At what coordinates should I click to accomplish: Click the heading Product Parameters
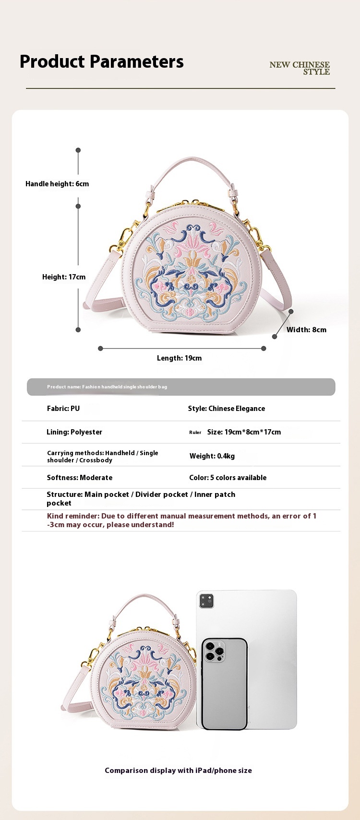(101, 61)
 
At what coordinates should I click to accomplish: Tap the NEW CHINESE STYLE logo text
(300, 68)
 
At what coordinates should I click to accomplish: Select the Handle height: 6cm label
(57, 184)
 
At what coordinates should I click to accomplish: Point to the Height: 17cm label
(64, 277)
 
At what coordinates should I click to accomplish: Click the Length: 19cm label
(179, 358)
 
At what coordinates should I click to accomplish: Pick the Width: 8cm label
(306, 330)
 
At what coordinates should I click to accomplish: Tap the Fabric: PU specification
(63, 409)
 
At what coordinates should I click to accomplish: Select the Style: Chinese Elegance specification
(226, 409)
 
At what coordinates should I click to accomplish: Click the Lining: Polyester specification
(74, 432)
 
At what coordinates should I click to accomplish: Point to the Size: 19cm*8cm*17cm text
(244, 432)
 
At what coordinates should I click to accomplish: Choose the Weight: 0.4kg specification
(212, 456)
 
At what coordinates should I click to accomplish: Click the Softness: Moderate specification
(80, 478)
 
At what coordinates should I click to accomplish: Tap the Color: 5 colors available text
(228, 478)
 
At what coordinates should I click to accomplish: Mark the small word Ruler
(195, 433)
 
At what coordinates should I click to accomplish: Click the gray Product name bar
(181, 387)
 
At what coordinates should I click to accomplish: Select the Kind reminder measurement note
(181, 520)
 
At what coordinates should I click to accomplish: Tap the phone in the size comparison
(224, 684)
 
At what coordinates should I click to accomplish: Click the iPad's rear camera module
(206, 601)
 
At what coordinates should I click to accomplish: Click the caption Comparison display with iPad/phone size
(178, 771)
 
